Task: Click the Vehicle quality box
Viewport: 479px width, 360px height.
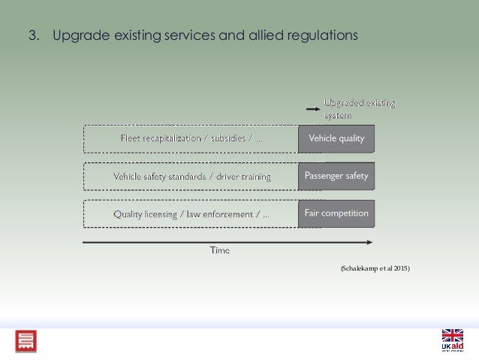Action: pyautogui.click(x=336, y=138)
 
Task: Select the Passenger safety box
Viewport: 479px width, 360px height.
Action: pyautogui.click(x=336, y=176)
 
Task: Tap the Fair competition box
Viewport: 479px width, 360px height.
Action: pyautogui.click(x=336, y=213)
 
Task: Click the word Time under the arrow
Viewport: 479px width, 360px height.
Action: pyautogui.click(x=219, y=250)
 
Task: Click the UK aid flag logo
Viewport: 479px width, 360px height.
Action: pyautogui.click(x=453, y=340)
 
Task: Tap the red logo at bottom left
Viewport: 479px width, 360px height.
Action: pyautogui.click(x=26, y=341)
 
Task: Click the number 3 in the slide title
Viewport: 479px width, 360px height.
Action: pyautogui.click(x=32, y=35)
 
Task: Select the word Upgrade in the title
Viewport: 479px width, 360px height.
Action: pyautogui.click(x=77, y=35)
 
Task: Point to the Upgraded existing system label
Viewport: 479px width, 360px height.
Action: pyautogui.click(x=359, y=108)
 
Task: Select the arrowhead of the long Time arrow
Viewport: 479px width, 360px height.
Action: pyautogui.click(x=369, y=242)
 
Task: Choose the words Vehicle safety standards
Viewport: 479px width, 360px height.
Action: pyautogui.click(x=154, y=177)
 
